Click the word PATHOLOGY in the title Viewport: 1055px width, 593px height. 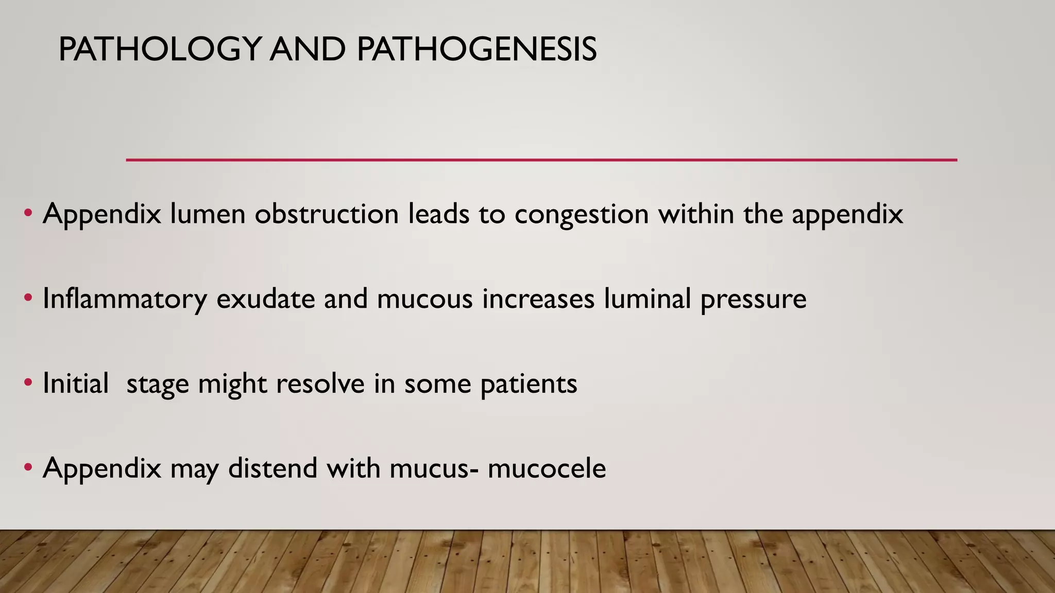tap(160, 50)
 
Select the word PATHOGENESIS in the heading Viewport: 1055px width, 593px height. tap(477, 50)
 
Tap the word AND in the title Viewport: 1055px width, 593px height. tap(308, 50)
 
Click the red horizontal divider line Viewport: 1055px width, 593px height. tap(541, 160)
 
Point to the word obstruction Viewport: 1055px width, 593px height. tap(327, 214)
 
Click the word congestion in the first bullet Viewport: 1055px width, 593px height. tap(582, 215)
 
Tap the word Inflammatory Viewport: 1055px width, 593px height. tap(125, 299)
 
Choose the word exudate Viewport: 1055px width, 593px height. tap(265, 299)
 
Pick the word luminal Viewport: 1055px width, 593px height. tap(647, 299)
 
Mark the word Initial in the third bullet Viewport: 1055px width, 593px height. tap(76, 383)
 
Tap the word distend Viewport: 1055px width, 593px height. tap(273, 468)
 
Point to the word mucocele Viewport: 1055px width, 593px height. tap(547, 468)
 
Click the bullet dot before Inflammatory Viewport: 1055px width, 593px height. tap(28, 298)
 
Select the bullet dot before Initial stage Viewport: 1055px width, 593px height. tap(28, 382)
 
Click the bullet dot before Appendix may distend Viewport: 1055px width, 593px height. tap(28, 467)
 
